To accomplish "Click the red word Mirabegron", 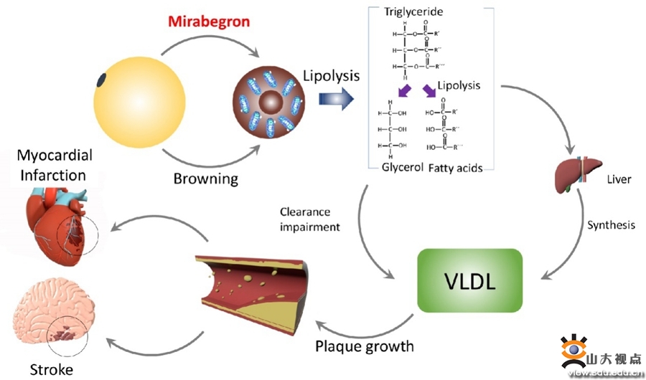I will tap(209, 21).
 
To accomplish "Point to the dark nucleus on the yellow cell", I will tap(102, 80).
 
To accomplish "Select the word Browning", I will tap(206, 178).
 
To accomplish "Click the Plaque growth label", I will tap(365, 346).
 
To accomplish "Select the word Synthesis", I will tap(612, 225).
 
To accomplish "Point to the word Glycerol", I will tap(402, 168).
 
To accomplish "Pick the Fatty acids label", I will tap(455, 168).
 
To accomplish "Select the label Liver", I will tap(619, 179).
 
